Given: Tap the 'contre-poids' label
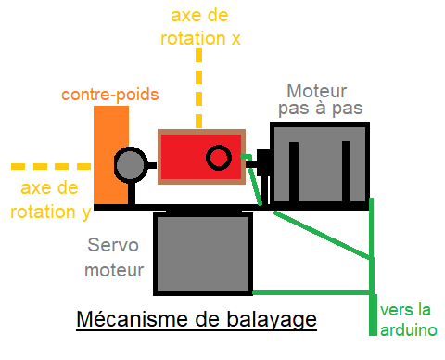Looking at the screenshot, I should [x=110, y=95].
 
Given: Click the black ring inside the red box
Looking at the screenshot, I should [x=218, y=159].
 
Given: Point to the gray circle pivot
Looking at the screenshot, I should [x=131, y=165].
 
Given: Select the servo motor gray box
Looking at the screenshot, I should [x=203, y=251].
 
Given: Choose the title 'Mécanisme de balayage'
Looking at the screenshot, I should [x=197, y=320].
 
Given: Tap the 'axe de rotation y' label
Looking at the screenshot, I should [x=51, y=200].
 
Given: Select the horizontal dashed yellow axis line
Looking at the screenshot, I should [x=46, y=167].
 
